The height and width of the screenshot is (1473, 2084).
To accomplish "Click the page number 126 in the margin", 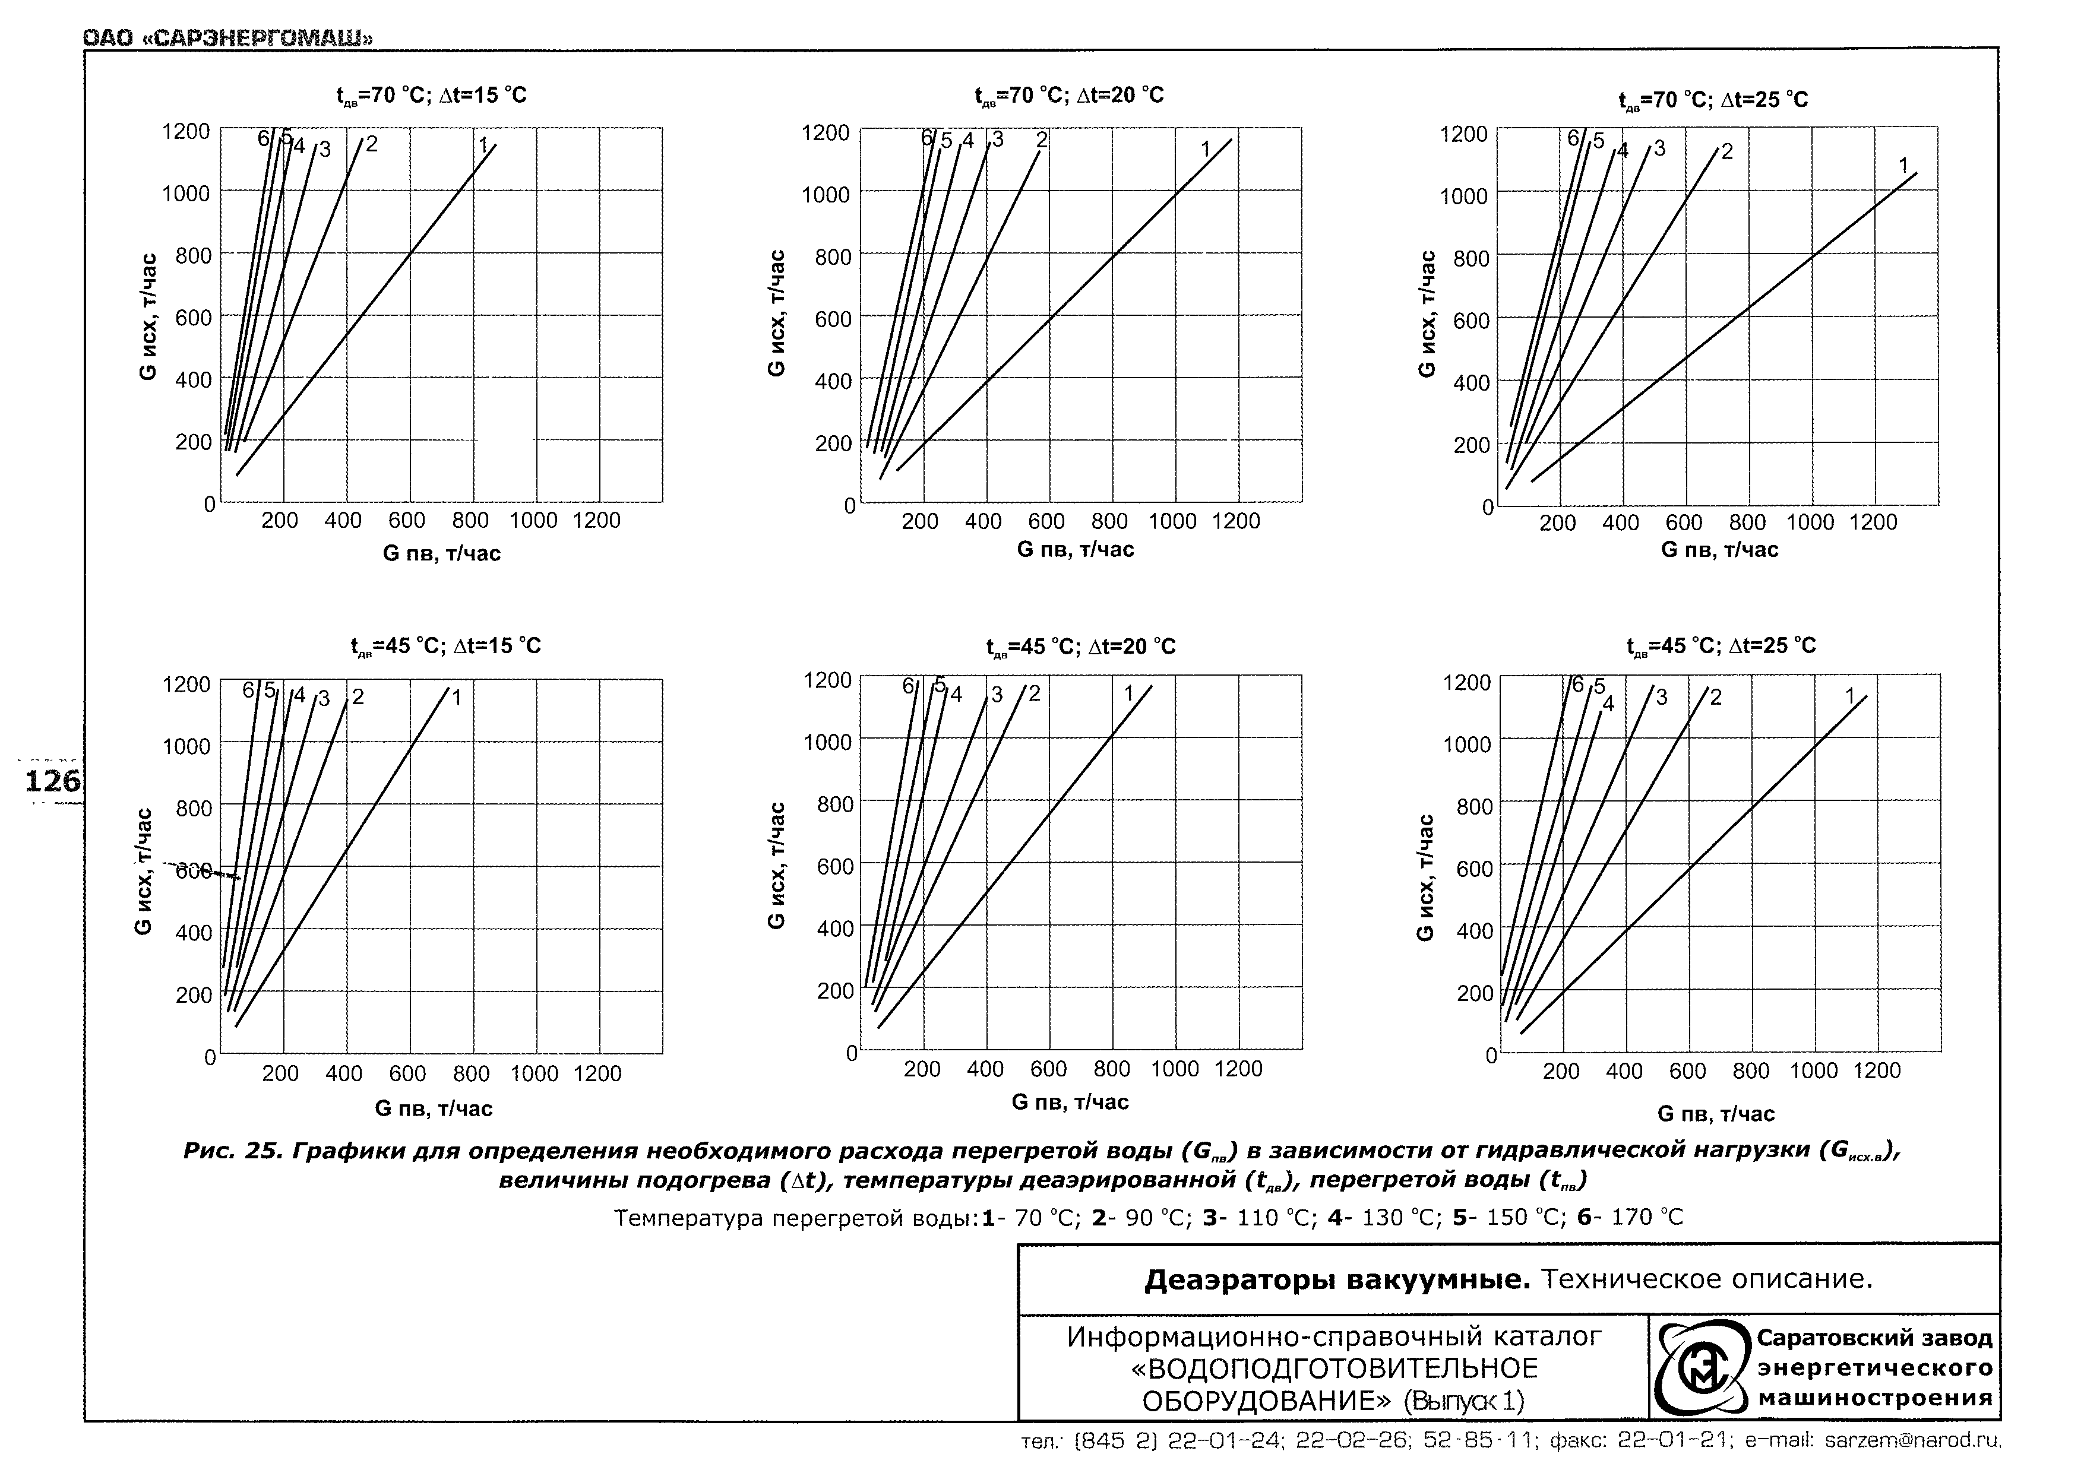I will (x=52, y=781).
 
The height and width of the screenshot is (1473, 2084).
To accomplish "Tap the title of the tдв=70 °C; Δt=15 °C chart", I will (x=431, y=96).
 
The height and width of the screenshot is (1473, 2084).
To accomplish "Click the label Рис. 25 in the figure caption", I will (x=232, y=1151).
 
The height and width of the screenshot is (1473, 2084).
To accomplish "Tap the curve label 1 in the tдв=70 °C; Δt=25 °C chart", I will (x=1903, y=165).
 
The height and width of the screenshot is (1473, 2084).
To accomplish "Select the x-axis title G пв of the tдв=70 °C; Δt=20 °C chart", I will (x=1075, y=549).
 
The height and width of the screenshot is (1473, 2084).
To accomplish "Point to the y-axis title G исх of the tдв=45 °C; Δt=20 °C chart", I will (x=777, y=865).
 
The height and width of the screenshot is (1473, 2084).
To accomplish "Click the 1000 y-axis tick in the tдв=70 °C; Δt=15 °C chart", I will (x=186, y=192).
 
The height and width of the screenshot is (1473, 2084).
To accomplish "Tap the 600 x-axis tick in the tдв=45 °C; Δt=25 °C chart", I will (x=1687, y=1071).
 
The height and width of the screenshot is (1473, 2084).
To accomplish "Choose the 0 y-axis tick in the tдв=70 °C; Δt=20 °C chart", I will (x=849, y=505).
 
